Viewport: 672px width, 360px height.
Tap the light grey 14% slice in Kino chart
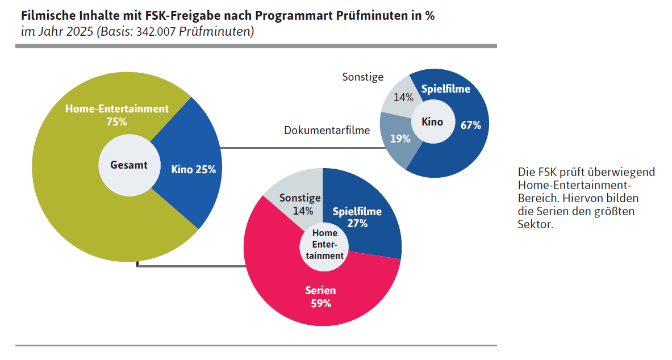tap(403, 97)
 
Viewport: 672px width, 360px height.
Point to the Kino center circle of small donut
tap(433, 122)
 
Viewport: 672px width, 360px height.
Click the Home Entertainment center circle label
tap(324, 245)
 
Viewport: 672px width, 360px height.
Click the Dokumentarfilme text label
tap(327, 130)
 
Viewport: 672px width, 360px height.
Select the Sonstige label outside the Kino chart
tap(362, 77)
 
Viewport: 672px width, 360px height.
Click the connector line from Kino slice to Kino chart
tap(301, 148)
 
